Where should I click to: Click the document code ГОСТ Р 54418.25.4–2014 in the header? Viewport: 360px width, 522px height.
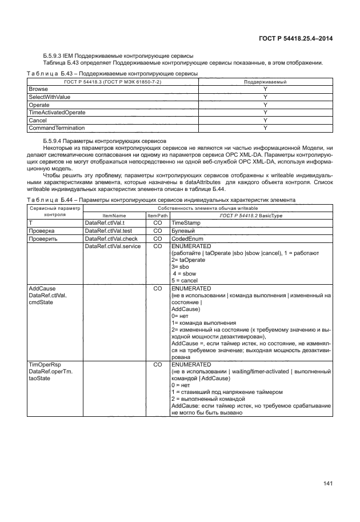click(x=292, y=38)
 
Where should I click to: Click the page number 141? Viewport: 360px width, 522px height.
click(x=327, y=484)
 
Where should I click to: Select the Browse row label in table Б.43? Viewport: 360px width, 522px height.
click(x=38, y=90)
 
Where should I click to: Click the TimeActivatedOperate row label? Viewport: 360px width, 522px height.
click(x=53, y=113)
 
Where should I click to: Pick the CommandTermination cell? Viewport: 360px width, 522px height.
click(x=57, y=127)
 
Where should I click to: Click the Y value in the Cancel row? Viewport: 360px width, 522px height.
click(x=265, y=120)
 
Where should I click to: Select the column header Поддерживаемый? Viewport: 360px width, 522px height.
click(x=265, y=82)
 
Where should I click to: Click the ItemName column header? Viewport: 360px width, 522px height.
click(x=114, y=216)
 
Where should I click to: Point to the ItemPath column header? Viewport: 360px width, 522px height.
click(x=158, y=216)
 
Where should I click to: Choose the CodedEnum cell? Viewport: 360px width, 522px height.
click(x=187, y=238)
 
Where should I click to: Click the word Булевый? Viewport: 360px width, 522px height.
click(x=183, y=231)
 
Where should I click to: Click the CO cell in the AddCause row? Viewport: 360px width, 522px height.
click(x=158, y=289)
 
